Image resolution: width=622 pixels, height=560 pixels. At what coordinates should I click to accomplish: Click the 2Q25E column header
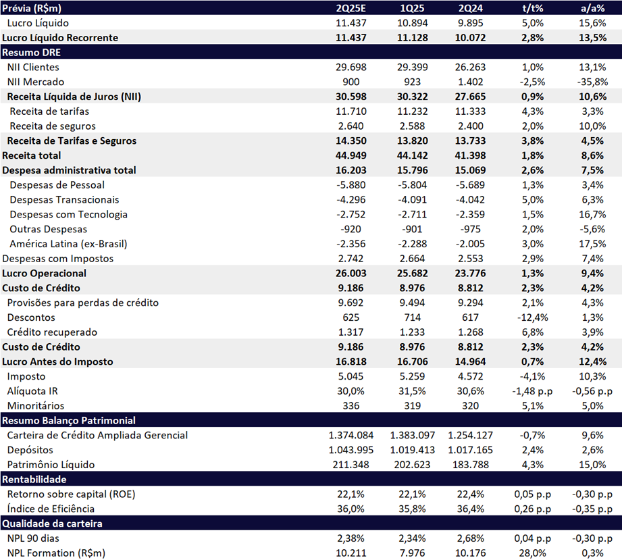point(351,8)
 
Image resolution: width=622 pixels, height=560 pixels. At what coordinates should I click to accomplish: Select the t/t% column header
point(532,8)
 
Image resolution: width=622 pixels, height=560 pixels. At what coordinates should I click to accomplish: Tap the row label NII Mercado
point(36,82)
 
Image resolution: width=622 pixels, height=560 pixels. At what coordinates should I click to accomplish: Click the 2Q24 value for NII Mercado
point(470,82)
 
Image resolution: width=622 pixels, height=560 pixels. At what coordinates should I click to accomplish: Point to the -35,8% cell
point(593,82)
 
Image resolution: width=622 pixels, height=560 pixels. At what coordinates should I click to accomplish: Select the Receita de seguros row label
point(53,126)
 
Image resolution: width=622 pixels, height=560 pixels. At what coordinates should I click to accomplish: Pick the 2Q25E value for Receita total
point(351,155)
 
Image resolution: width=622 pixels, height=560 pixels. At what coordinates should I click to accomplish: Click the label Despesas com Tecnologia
point(69,215)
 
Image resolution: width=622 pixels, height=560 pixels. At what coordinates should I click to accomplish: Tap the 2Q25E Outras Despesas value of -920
point(351,230)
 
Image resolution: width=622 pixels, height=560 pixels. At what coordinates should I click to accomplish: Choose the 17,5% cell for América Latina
point(593,244)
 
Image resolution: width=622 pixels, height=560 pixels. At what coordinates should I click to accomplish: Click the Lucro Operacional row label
point(44,274)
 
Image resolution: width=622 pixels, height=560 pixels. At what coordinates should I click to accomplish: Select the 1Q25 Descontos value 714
point(413,317)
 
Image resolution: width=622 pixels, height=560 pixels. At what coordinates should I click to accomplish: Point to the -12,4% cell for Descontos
point(532,317)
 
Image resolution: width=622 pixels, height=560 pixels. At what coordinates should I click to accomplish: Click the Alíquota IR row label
point(32,391)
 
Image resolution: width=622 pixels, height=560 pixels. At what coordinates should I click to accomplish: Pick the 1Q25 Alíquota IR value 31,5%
point(413,391)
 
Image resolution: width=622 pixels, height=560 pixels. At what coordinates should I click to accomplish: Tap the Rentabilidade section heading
point(34,480)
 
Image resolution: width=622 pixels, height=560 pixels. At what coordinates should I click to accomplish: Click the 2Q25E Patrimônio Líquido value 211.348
point(351,465)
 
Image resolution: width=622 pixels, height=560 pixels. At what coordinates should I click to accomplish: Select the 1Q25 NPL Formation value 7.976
point(413,553)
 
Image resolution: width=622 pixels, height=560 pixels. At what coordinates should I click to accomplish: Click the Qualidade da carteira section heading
point(52,524)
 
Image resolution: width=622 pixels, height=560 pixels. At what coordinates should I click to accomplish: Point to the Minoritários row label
point(36,406)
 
